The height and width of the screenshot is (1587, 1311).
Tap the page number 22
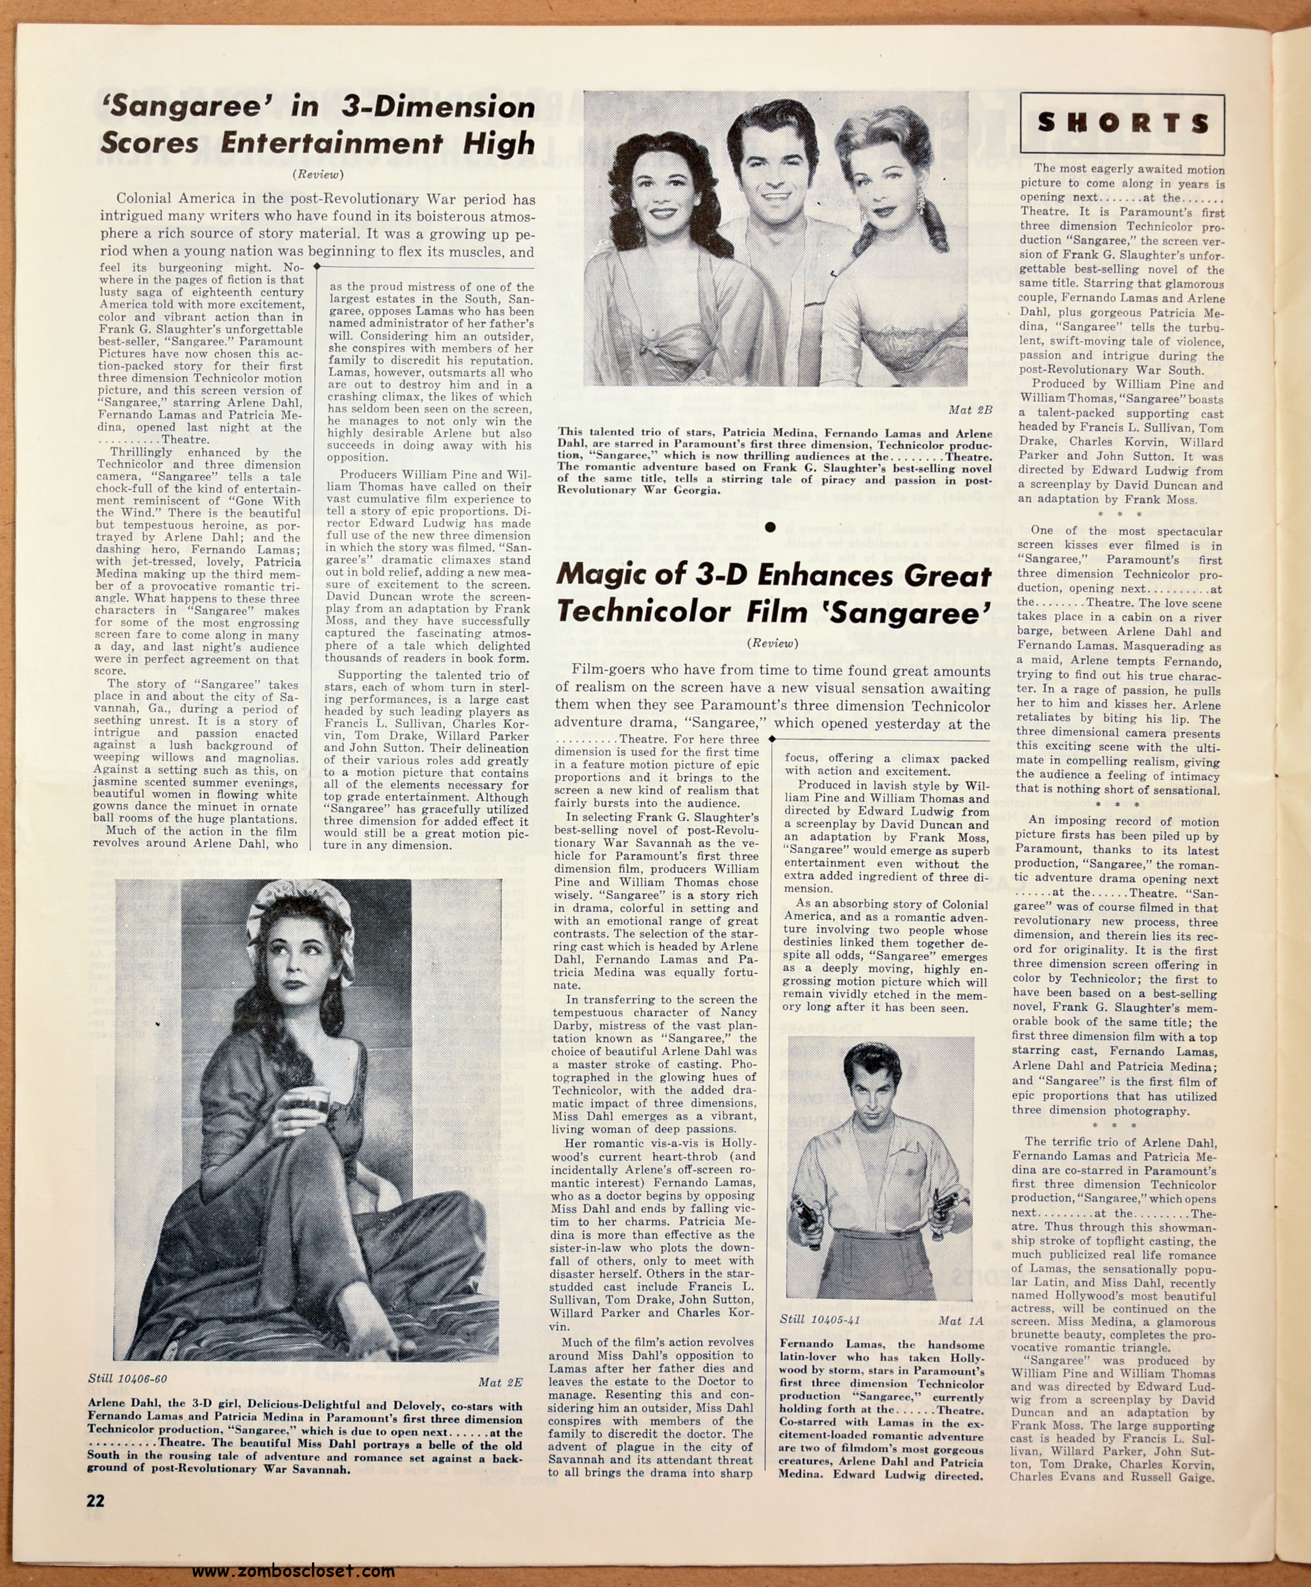point(96,1499)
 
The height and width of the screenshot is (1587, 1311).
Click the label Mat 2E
point(500,1383)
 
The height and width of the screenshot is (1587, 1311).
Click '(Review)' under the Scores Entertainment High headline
point(318,174)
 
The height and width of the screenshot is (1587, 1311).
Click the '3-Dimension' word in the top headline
point(437,106)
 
